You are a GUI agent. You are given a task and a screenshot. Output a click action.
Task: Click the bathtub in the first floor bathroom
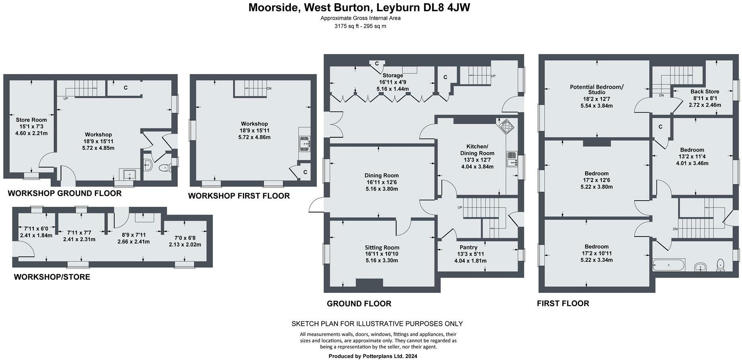669,264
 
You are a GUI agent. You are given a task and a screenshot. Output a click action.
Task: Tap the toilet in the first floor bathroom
721,265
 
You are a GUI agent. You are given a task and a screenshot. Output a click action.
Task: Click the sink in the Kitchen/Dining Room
512,159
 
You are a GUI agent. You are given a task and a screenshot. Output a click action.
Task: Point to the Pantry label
469,247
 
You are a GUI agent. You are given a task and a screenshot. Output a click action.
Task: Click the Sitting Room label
382,247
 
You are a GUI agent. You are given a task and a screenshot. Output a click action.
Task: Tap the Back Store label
705,91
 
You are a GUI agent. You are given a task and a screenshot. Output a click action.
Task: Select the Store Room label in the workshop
31,119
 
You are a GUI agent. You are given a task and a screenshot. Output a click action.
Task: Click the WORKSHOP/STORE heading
52,277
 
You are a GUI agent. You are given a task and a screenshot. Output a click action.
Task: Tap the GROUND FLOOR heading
359,303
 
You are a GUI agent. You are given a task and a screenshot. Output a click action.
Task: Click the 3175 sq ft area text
360,26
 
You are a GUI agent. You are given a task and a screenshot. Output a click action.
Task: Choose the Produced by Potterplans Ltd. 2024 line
373,356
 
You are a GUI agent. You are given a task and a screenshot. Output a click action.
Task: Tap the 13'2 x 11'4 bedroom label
692,157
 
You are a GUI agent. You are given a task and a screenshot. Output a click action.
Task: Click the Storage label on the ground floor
392,75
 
